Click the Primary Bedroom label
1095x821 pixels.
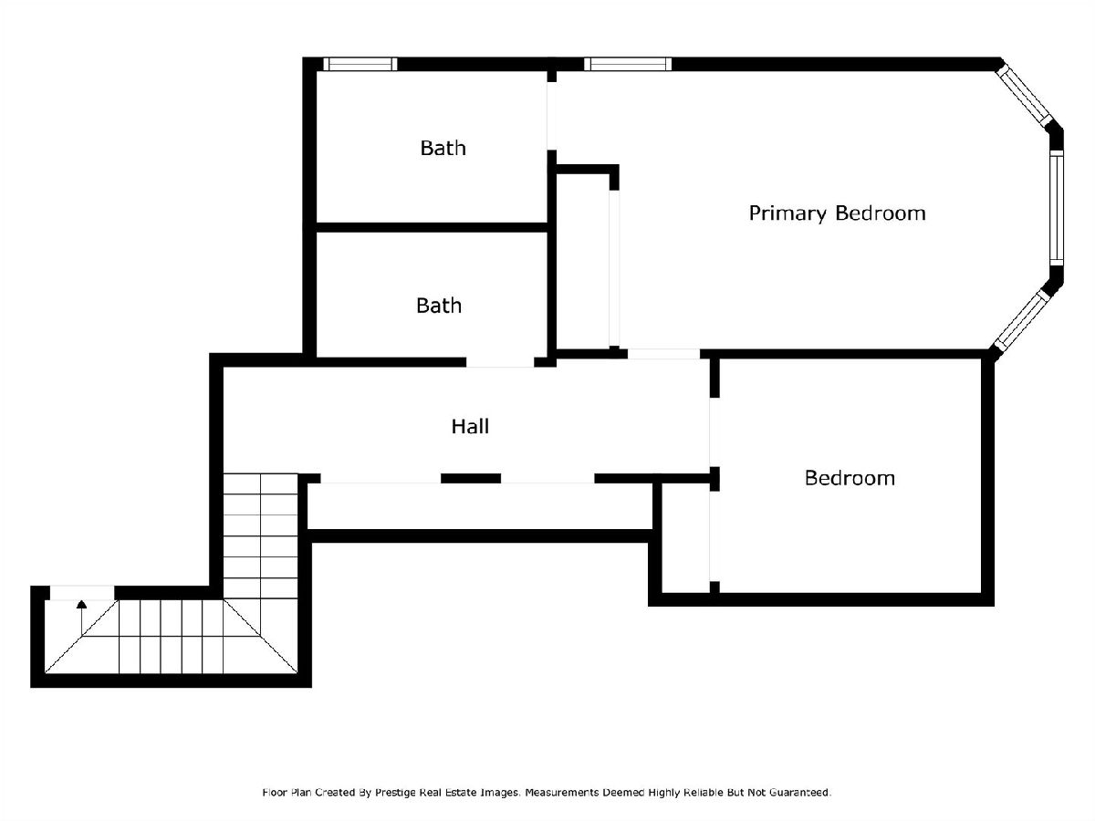pos(837,213)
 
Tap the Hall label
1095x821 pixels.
pos(470,426)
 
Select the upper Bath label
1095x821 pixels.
pos(443,148)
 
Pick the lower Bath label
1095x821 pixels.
pos(439,306)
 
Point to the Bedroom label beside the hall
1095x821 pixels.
pos(850,478)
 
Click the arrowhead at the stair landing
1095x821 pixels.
pos(82,605)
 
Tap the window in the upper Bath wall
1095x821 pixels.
pos(360,64)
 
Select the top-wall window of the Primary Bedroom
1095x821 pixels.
pos(628,64)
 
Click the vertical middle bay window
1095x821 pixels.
pos(1057,208)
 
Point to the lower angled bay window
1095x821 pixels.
pos(1022,320)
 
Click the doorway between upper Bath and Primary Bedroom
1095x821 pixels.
pos(551,116)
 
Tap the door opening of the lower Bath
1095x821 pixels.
pos(500,362)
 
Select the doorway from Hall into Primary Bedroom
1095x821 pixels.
pos(663,354)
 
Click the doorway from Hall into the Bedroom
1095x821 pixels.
pos(714,432)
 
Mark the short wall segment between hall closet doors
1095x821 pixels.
pos(471,479)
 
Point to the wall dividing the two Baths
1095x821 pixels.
pos(432,227)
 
